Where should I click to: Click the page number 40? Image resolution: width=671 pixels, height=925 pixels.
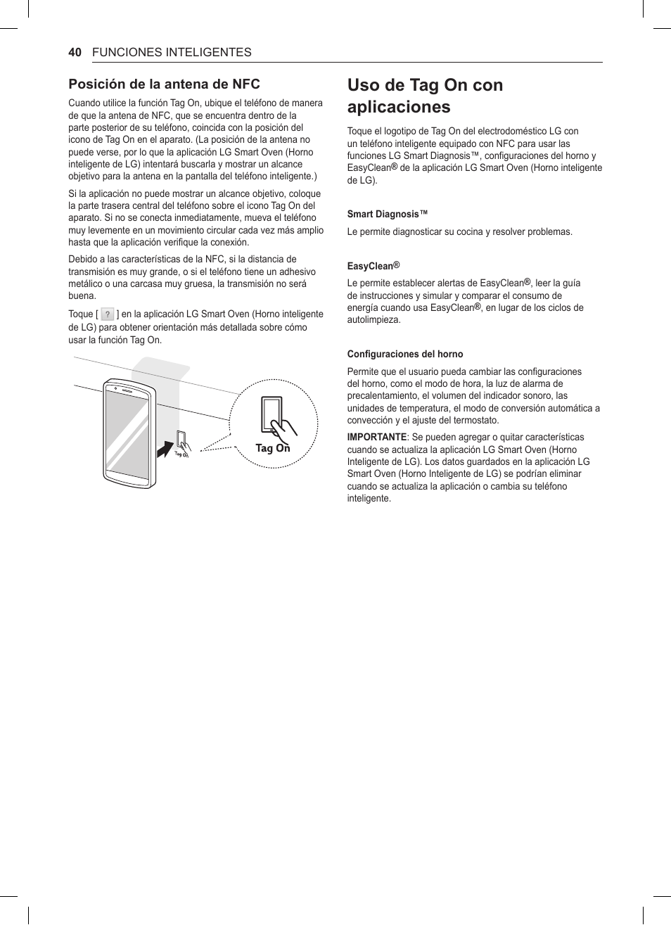tap(75, 52)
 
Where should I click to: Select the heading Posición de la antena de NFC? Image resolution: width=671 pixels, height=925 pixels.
tap(164, 84)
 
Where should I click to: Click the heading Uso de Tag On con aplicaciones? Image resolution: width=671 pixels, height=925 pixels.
tap(425, 96)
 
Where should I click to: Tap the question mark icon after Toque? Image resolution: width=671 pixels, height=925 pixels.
tap(108, 314)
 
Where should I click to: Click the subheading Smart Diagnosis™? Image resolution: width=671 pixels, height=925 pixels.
tap(388, 214)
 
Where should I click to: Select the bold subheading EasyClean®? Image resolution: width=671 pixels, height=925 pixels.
tap(373, 266)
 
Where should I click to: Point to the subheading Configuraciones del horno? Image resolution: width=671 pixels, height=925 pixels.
tap(404, 354)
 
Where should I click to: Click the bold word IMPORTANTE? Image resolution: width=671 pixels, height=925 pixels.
tap(377, 438)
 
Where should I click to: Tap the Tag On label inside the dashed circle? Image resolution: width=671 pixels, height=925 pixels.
tap(272, 448)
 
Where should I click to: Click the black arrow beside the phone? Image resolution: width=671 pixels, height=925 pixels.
tap(164, 447)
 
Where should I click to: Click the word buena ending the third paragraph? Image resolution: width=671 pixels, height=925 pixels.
tap(82, 296)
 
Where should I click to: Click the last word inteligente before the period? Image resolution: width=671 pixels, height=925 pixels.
tap(368, 499)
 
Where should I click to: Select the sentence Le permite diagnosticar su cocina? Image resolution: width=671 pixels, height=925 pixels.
tap(459, 232)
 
